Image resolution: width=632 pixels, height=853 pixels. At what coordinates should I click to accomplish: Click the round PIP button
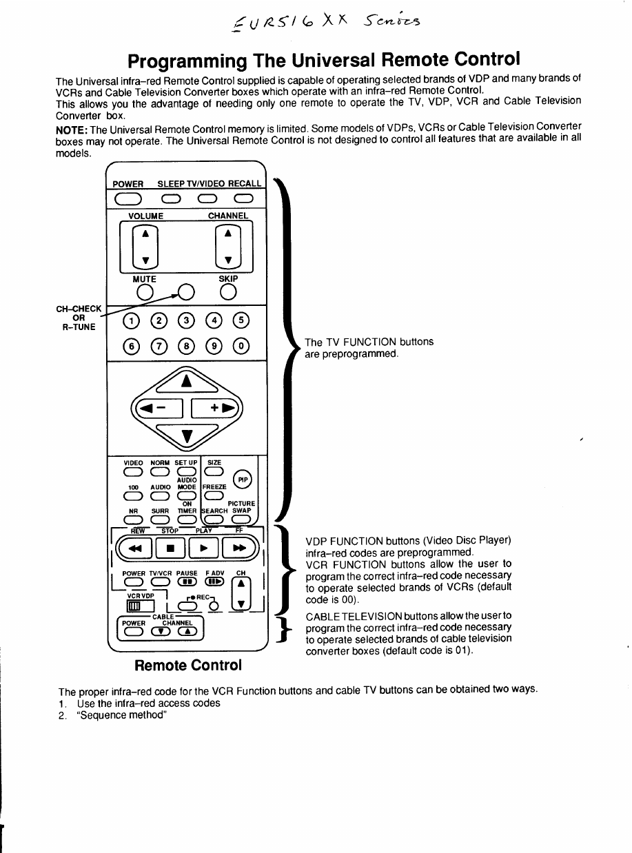243,481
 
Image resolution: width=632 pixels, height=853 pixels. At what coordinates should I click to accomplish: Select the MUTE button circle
144,293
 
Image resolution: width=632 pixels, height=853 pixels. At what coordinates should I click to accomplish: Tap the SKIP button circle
227,293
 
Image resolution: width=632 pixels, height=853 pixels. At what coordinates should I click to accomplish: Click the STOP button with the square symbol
170,548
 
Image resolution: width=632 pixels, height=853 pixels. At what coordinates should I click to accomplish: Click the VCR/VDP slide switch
131,605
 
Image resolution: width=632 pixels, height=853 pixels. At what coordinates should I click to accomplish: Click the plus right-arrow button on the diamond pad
216,408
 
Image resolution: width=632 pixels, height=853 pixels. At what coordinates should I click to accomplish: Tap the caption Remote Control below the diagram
188,665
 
